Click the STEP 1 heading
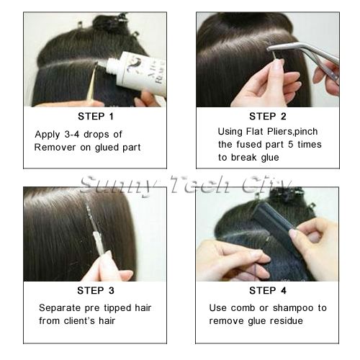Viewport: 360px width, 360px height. click(x=96, y=117)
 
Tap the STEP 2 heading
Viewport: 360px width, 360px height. click(x=268, y=117)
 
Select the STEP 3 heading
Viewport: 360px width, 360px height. click(x=96, y=291)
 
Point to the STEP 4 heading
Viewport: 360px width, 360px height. click(x=268, y=291)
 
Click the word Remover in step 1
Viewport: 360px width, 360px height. click(x=55, y=147)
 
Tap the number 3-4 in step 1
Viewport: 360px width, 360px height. click(x=72, y=134)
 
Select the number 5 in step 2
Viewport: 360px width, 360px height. click(x=290, y=145)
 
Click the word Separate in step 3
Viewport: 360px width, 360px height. click(x=60, y=308)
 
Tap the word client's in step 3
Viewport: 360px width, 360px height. click(x=79, y=320)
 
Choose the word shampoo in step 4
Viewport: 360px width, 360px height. click(x=293, y=308)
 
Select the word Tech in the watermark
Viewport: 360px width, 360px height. click(x=199, y=185)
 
